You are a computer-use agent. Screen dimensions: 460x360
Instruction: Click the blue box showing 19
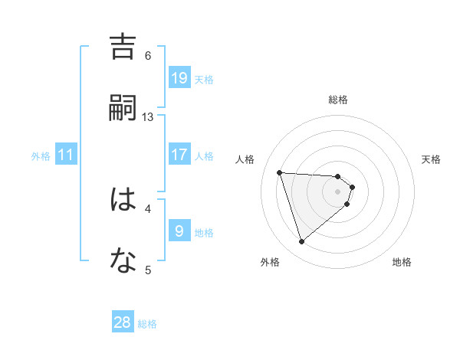(x=179, y=78)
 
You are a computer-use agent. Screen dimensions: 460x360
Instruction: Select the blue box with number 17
(x=179, y=155)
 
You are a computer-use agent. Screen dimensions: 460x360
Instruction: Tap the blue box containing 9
(x=179, y=231)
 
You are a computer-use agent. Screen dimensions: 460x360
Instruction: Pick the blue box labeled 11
(x=66, y=155)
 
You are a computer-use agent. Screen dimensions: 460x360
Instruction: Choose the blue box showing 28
(x=123, y=322)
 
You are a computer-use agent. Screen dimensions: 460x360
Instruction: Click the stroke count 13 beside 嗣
(x=148, y=116)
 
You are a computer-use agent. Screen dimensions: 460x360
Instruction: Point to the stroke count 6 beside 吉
(x=148, y=55)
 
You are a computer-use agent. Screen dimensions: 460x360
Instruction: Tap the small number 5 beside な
(x=148, y=269)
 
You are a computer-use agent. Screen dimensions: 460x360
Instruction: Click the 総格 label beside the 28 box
(x=147, y=324)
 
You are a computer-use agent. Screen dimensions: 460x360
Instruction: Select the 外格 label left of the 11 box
(x=41, y=156)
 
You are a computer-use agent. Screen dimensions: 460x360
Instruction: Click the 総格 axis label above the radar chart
(x=338, y=100)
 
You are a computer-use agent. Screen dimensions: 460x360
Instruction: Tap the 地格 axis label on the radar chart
(x=402, y=263)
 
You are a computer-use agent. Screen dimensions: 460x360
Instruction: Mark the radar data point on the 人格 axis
(x=280, y=172)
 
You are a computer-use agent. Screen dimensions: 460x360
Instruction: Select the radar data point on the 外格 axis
(x=301, y=242)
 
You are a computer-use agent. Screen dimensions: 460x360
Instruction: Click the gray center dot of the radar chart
(x=338, y=201)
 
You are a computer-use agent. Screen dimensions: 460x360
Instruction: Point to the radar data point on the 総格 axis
(x=338, y=176)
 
